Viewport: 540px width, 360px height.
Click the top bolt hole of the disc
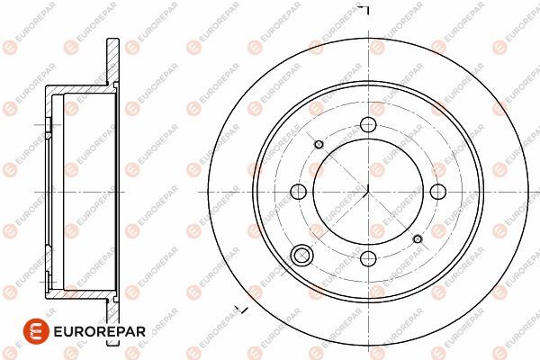[368, 124]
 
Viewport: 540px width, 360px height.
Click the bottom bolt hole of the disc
[368, 258]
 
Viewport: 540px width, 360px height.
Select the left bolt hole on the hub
[298, 192]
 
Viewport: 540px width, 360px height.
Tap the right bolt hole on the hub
[438, 192]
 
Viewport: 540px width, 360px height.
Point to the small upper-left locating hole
[319, 144]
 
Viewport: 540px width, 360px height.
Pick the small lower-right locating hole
[418, 238]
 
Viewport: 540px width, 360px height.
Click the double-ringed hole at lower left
[301, 256]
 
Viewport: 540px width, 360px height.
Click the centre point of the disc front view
[368, 192]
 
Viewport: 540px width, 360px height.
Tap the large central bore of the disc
[368, 192]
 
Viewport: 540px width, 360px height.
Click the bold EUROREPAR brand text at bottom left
[100, 331]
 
